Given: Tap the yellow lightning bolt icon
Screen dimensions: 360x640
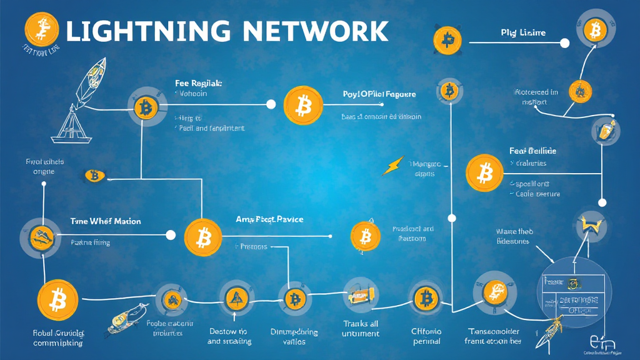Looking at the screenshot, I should point(392,167).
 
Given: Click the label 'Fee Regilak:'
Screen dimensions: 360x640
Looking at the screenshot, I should point(199,82).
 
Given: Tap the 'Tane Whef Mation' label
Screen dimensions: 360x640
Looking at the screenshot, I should point(105,221).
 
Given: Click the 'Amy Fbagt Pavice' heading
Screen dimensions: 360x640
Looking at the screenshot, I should point(269,219).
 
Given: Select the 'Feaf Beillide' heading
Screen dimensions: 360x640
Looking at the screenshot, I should point(532,151).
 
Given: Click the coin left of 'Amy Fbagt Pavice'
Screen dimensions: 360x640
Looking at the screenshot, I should point(203,237).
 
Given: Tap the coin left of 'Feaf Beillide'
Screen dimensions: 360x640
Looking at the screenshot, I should point(484,171).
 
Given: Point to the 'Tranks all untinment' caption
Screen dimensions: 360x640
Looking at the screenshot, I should point(361,328).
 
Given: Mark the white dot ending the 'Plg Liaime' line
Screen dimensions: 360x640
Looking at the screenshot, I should point(565,43).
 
